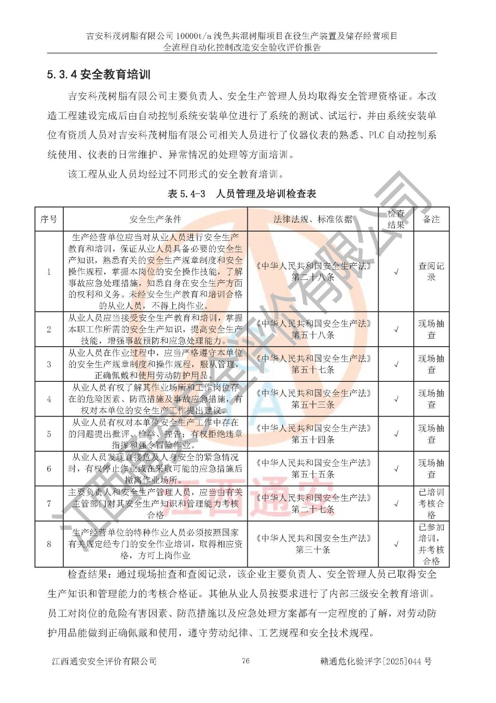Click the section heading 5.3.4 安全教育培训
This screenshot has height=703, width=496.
click(98, 75)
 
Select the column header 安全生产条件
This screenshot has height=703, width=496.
click(155, 219)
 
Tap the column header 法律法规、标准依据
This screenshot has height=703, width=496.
click(312, 219)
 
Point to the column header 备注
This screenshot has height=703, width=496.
click(431, 219)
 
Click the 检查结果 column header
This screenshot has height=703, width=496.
click(396, 219)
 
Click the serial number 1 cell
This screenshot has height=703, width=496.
click(49, 272)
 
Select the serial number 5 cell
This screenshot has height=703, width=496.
click(49, 434)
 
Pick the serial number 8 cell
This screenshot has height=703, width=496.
click(49, 544)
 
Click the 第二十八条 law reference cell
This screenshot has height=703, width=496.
click(313, 277)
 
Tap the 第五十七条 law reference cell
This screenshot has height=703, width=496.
click(313, 370)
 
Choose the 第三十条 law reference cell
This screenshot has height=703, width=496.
click(313, 550)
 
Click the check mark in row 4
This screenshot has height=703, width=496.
click(396, 399)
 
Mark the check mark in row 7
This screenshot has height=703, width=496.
click(396, 504)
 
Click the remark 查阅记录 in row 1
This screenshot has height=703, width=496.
click(431, 272)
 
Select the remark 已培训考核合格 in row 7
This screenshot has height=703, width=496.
click(431, 504)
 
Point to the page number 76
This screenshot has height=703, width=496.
click(246, 661)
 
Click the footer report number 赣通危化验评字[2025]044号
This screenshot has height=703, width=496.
click(376, 661)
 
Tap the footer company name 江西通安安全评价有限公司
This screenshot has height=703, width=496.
click(104, 661)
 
